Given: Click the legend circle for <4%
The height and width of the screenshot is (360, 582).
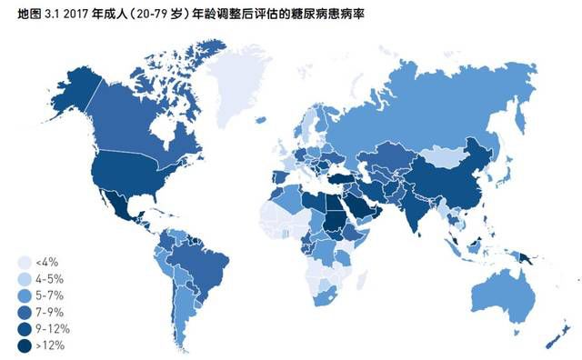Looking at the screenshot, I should [24, 262].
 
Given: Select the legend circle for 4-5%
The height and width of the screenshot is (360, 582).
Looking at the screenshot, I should [24, 278].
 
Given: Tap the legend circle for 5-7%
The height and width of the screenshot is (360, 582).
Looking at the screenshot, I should [24, 295].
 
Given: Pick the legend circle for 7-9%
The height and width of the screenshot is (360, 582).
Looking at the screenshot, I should [24, 311].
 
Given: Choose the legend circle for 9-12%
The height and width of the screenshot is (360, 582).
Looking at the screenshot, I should [24, 327].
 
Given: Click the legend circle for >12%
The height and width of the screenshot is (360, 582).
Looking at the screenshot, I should [24, 344].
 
